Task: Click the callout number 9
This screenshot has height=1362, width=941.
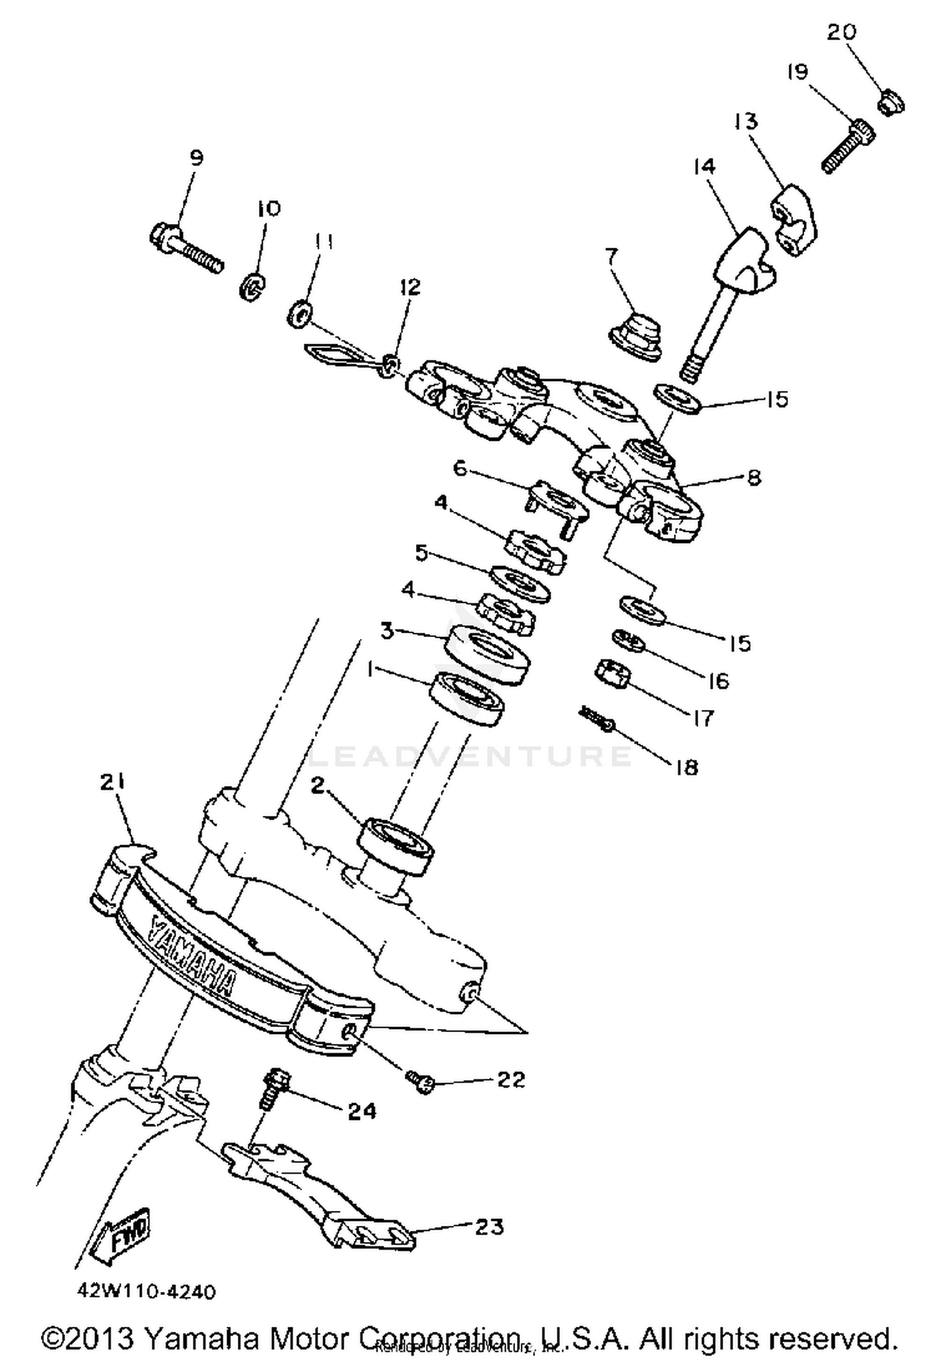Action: click(x=196, y=157)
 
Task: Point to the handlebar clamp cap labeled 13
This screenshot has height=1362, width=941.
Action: click(x=794, y=220)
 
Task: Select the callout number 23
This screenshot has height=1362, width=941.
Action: click(x=489, y=1227)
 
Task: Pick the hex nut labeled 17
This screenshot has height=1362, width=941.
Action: click(x=612, y=674)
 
